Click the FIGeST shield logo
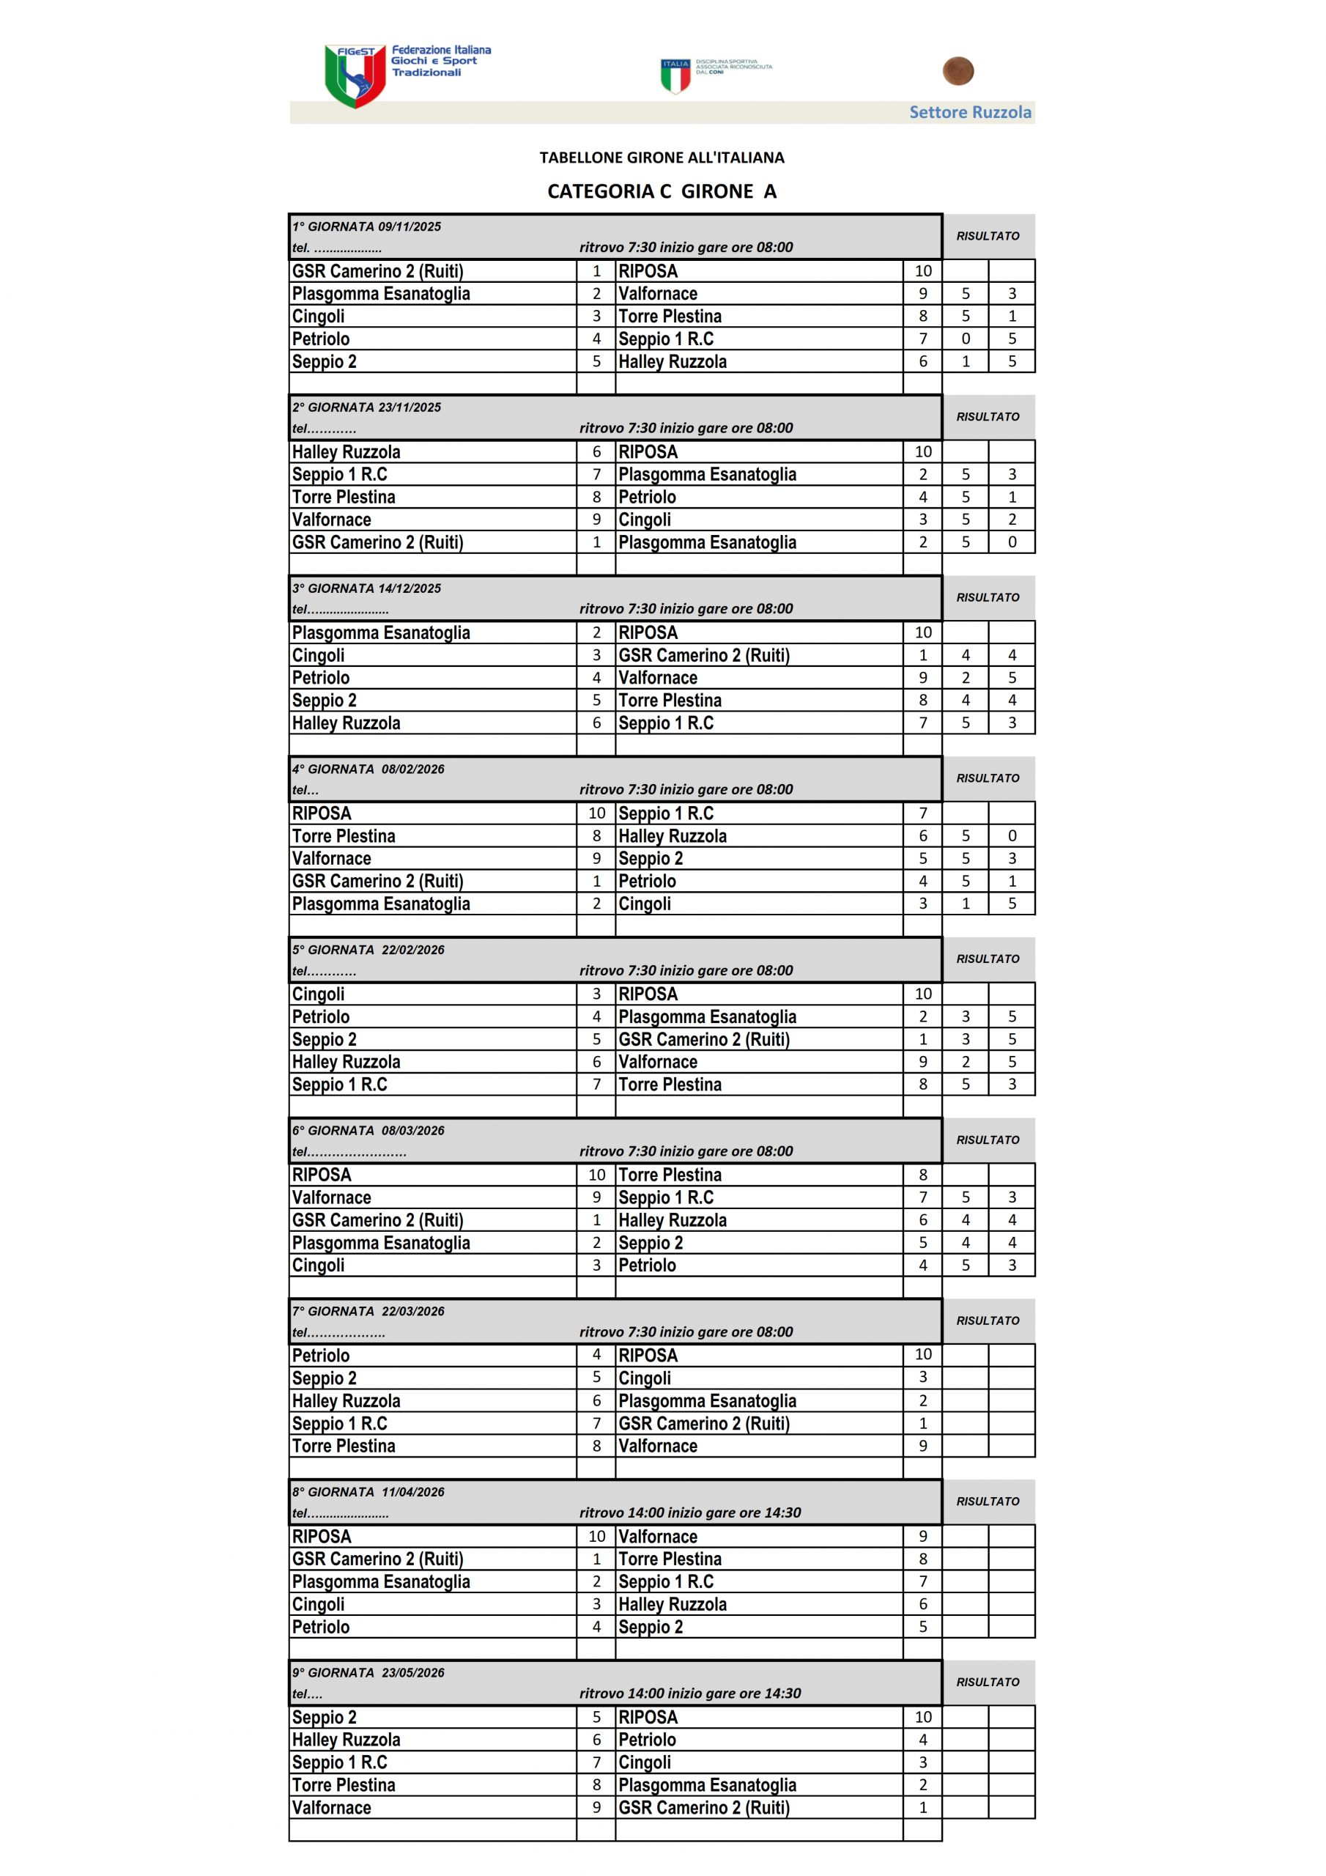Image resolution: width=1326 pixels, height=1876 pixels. tap(355, 76)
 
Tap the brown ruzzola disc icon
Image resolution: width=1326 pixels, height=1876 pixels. tap(958, 71)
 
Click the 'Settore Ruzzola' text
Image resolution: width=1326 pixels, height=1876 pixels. tap(970, 113)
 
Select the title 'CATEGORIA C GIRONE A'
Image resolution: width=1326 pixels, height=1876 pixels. tap(662, 191)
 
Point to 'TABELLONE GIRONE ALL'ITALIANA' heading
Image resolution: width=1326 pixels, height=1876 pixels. tap(662, 158)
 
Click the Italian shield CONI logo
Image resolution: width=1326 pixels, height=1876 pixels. tap(675, 76)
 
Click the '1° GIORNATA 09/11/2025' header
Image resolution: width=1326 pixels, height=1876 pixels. tap(367, 227)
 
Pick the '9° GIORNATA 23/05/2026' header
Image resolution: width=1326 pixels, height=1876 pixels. tap(368, 1672)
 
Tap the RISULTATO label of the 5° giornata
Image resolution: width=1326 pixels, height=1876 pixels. tap(988, 959)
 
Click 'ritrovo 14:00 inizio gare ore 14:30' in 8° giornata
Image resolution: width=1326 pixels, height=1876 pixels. tap(689, 1513)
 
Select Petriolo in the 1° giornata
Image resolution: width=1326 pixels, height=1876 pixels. tap(321, 339)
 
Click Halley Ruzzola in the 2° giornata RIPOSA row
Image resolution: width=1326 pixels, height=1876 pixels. tap(347, 452)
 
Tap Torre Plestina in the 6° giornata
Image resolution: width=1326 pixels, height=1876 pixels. tap(670, 1175)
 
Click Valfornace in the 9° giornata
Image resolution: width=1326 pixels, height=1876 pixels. tap(332, 1808)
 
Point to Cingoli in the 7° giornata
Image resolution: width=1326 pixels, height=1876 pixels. tap(645, 1378)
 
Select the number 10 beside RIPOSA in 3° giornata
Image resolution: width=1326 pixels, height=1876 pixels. tap(922, 632)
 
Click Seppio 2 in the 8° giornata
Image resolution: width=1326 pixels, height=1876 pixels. tap(651, 1627)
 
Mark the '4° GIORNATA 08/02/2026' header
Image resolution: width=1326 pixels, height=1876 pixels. tap(368, 769)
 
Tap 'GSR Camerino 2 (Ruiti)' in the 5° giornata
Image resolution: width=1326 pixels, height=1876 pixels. tap(703, 1039)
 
